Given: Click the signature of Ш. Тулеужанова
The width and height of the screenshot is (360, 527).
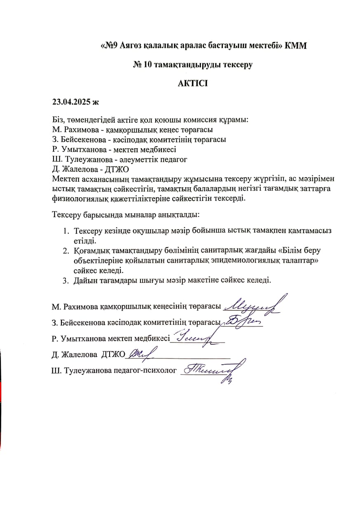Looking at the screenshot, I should click(210, 370).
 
